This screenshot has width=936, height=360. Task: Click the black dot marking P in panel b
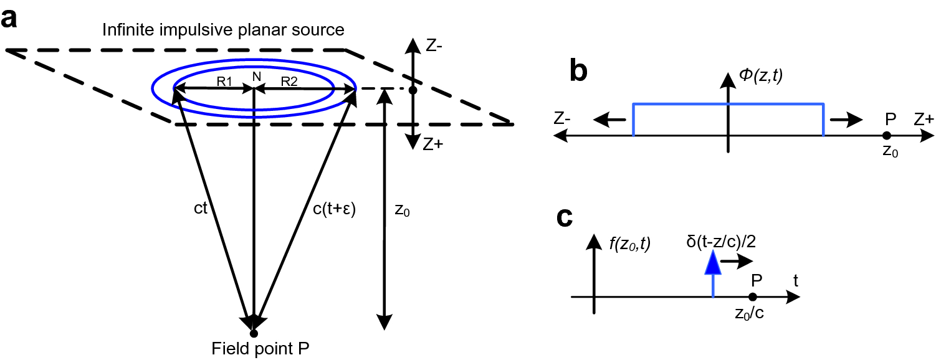[x=886, y=135]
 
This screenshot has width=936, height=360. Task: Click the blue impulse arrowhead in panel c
[x=713, y=264]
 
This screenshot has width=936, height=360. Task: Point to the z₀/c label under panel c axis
[x=750, y=313]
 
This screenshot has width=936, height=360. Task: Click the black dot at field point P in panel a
[x=254, y=334]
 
